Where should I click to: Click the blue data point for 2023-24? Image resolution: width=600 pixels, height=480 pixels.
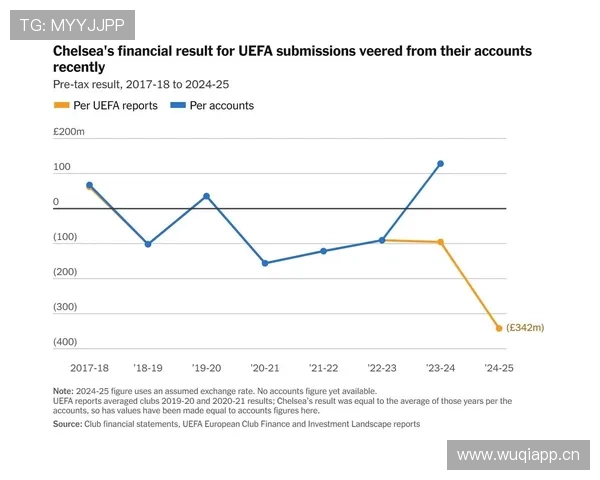pos(440,164)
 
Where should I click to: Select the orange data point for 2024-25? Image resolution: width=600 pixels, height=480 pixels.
pos(498,328)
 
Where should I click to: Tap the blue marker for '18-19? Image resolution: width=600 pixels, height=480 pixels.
pos(148,244)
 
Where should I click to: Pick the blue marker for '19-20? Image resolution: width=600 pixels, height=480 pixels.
pos(206,196)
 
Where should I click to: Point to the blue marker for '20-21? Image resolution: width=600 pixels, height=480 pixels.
pos(265,263)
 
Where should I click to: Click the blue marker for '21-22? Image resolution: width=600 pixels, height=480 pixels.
pos(323,251)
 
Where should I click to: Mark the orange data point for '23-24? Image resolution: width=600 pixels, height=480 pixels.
pos(440,242)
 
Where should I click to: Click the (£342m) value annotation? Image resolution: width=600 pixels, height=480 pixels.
pos(524,328)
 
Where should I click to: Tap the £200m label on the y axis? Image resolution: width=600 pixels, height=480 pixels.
pos(69,132)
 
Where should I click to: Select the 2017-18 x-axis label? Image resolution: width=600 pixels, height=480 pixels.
pos(90,368)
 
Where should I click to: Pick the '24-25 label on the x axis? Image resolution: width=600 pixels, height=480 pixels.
pos(498,368)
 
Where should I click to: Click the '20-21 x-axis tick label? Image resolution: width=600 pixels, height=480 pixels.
pos(265,368)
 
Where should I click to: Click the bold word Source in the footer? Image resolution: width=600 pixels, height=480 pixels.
pos(69,424)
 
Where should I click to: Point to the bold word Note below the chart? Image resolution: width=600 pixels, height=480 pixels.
pos(64,391)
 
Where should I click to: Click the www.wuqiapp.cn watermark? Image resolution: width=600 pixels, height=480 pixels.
pos(518,456)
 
